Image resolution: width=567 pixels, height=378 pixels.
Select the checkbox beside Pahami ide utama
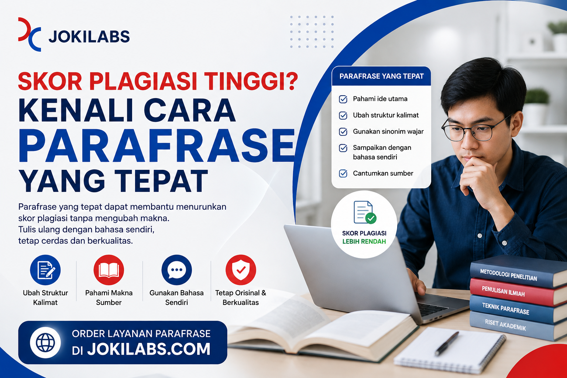tap(343, 99)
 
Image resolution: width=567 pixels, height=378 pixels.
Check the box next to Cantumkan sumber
tap(343, 173)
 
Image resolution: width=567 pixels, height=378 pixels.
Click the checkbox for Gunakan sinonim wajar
tap(343, 132)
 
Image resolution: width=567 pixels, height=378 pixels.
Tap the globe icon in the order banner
tap(45, 342)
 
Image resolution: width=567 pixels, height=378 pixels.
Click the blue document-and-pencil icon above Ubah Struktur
tap(45, 270)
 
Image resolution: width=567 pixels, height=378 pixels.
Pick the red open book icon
tap(109, 270)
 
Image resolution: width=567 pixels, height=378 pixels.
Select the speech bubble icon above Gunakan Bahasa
tap(177, 270)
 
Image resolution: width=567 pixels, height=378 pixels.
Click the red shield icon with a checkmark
tap(241, 270)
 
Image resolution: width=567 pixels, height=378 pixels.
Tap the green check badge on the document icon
tap(371, 218)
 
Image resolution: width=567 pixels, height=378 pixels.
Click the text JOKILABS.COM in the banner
tap(149, 349)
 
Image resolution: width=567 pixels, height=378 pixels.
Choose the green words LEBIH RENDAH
tap(364, 241)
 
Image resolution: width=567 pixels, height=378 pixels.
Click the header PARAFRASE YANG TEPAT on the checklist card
tap(381, 76)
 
